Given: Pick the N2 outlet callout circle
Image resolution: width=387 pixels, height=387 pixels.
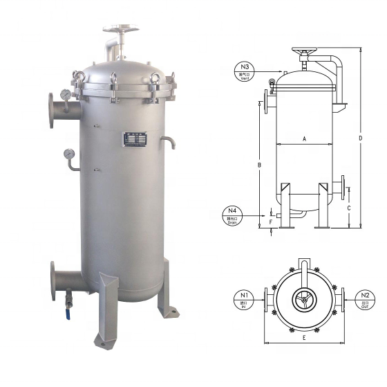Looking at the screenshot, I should point(366,299).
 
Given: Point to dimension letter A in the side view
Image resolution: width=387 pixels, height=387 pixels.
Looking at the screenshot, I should point(303,138).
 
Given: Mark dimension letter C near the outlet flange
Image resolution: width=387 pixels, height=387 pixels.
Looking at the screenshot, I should point(349,207).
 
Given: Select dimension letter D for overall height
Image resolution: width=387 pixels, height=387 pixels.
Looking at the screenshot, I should point(360,138).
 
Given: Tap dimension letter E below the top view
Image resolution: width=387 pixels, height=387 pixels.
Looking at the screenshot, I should point(304,337).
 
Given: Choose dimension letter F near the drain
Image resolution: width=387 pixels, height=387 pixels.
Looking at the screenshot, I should point(271,222).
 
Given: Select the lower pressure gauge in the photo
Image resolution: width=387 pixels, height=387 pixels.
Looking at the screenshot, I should point(69,154).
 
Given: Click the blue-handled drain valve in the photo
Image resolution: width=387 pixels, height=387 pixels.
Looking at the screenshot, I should point(69,301).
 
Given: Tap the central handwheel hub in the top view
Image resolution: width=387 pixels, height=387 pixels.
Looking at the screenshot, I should point(304,300).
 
